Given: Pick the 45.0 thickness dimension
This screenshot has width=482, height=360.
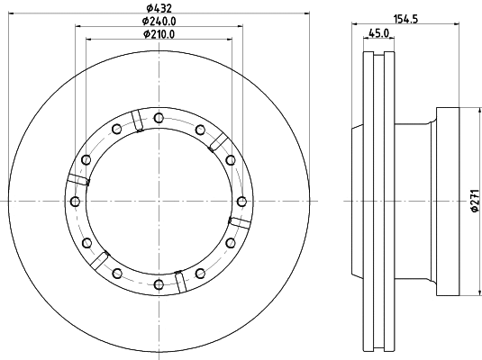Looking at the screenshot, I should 379,35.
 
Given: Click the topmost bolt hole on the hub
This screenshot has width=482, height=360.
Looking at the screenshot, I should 159,117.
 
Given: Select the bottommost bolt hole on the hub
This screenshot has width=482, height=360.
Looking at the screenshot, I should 159,285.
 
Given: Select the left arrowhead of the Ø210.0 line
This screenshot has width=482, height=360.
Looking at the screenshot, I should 88,41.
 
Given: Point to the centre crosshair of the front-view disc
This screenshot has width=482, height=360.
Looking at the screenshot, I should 159,202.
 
